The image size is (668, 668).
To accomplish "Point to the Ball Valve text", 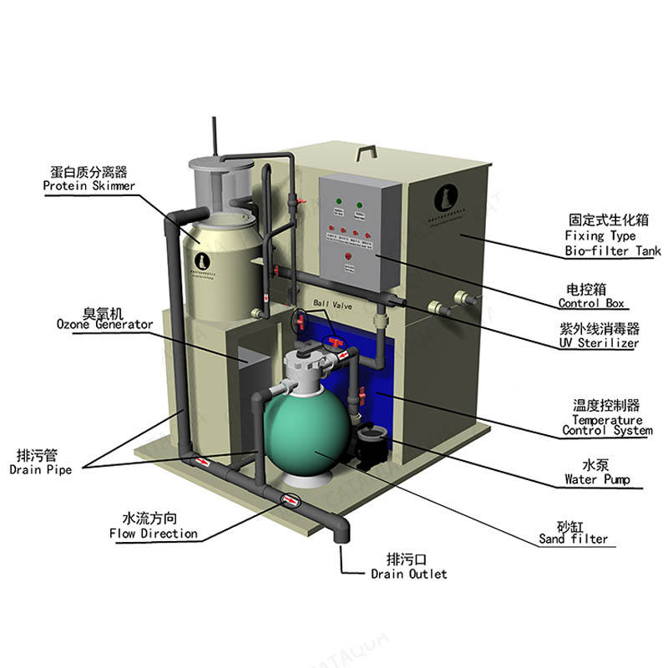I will (334, 306).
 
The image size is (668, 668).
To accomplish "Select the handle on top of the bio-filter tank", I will (365, 153).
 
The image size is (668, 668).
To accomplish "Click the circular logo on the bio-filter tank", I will (443, 198).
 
